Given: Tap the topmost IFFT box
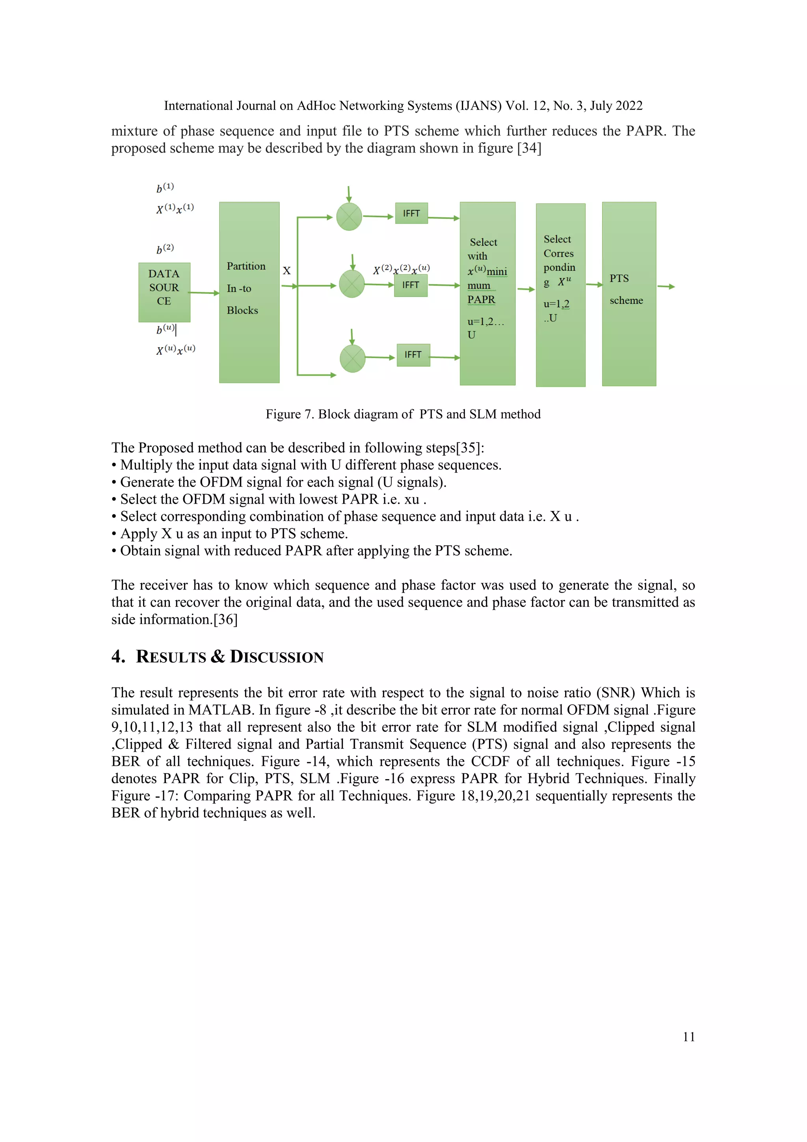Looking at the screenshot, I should tap(411, 213).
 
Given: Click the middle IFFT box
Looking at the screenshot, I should tap(411, 285).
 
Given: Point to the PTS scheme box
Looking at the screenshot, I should tap(628, 293).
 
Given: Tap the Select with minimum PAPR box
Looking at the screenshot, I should tap(487, 293).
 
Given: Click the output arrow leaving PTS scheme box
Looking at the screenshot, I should tap(666, 287).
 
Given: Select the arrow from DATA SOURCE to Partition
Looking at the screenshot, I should tap(204, 293).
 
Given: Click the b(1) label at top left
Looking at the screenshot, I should tap(165, 188).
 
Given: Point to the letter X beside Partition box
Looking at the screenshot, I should tap(287, 271).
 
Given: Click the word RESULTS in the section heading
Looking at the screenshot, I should tap(171, 657).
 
